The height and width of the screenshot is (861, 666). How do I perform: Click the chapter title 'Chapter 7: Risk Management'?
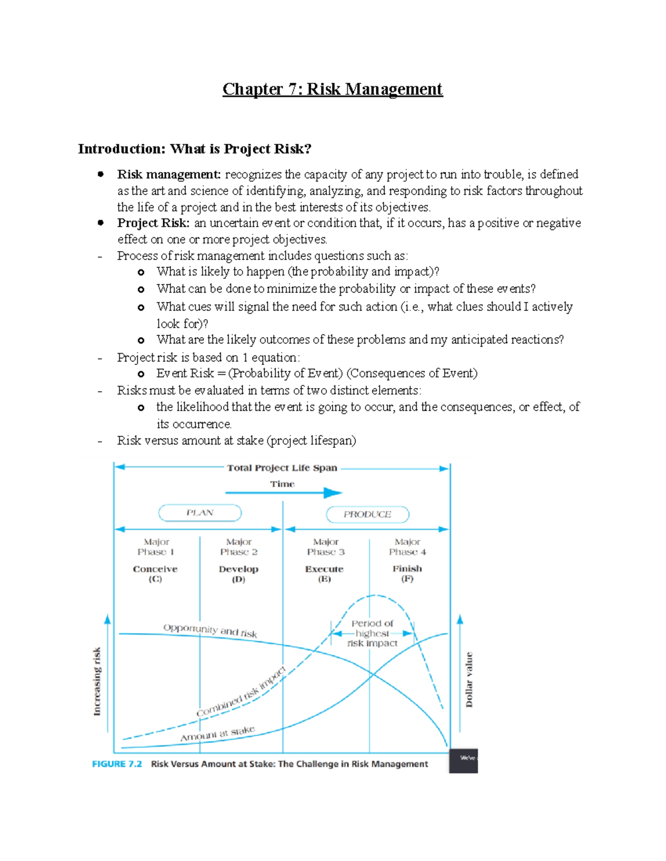[332, 89]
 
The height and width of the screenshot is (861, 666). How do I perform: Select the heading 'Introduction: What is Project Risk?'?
[195, 149]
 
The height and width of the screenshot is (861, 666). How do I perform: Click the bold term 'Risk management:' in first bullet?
[169, 175]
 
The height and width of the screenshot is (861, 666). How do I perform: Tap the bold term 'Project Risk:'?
[153, 223]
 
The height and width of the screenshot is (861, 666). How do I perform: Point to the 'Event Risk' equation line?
[316, 373]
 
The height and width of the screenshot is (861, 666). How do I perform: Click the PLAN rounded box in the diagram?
[200, 513]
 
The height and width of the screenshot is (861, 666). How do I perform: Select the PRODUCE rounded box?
[367, 514]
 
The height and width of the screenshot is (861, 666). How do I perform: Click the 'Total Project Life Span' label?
[282, 468]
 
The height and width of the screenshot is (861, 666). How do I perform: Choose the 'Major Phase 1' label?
[156, 547]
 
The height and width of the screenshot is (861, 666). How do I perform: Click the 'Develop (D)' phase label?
[239, 574]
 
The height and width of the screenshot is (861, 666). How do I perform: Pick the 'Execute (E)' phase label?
[324, 574]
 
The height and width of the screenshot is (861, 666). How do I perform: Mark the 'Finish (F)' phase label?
[407, 573]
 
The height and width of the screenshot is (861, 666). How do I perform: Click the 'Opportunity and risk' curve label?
[210, 630]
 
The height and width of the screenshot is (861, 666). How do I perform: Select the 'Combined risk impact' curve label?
[241, 692]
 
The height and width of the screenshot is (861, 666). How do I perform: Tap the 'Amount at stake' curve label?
[217, 733]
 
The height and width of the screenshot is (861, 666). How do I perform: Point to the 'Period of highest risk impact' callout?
[372, 633]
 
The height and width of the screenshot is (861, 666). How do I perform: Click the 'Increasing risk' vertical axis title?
[97, 681]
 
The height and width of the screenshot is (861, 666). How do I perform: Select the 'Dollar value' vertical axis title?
[469, 680]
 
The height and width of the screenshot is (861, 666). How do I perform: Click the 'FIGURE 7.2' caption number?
[117, 764]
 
